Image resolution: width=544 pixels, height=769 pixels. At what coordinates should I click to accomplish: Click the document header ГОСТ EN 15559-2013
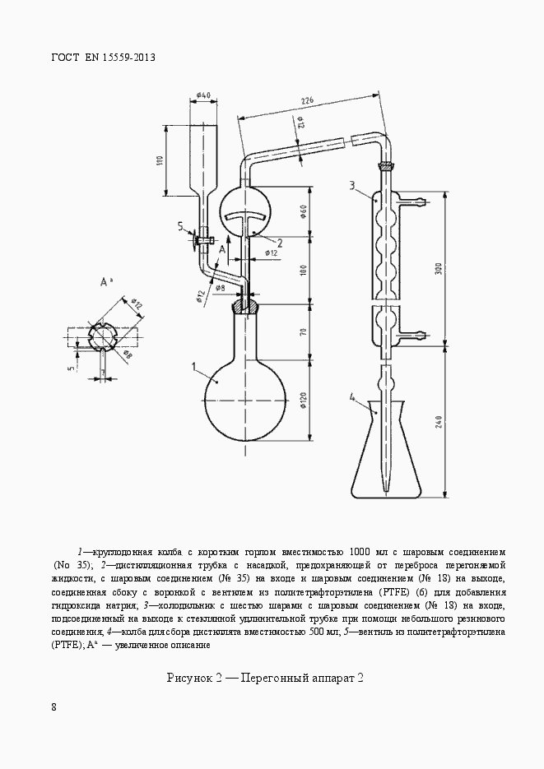click(103, 58)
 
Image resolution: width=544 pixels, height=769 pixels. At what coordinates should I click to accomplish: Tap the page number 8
click(53, 706)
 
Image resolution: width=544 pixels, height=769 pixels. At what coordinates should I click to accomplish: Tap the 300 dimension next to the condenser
click(440, 268)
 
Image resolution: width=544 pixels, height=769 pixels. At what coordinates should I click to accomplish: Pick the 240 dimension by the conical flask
click(440, 421)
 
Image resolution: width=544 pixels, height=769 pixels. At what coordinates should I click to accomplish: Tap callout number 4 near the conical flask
click(353, 398)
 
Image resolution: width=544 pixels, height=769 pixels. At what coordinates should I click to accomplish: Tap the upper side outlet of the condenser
click(416, 200)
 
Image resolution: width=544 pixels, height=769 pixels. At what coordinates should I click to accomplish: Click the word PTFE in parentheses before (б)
click(372, 591)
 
